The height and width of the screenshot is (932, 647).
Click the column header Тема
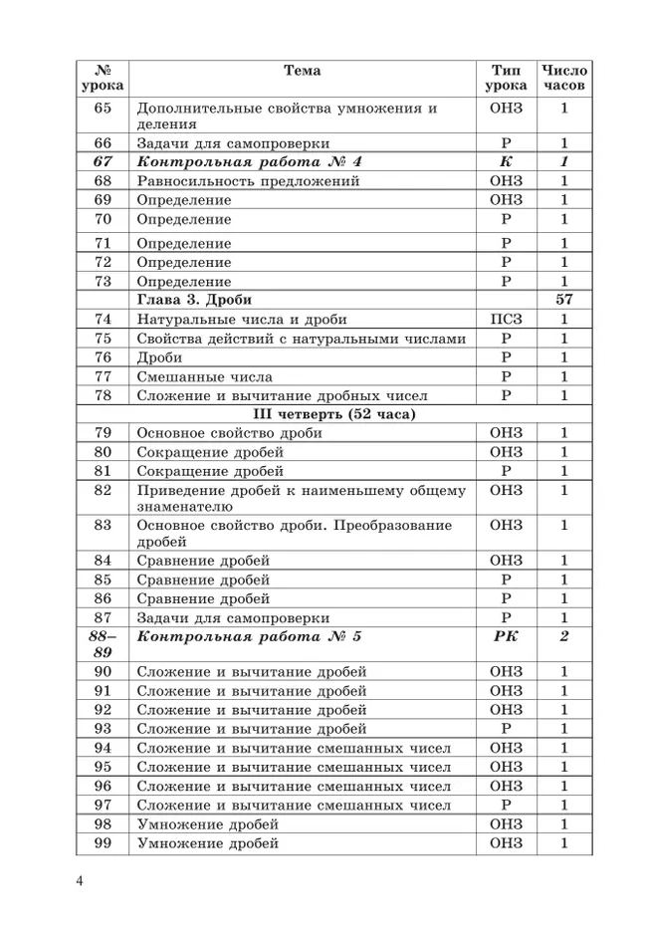point(302,71)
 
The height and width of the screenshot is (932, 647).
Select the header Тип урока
point(506,78)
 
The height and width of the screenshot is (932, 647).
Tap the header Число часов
point(563,78)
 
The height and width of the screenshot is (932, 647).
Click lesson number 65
point(103,108)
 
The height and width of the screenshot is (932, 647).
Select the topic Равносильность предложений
point(248,181)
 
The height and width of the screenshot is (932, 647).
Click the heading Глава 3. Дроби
point(194,300)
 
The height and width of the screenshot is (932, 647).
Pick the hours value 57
point(563,300)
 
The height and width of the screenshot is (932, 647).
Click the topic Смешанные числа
point(204,376)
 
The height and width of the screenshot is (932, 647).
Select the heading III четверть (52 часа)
point(334,414)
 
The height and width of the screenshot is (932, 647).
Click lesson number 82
point(103,490)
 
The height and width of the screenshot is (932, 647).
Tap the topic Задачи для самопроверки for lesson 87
point(234,616)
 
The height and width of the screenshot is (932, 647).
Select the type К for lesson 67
point(506,162)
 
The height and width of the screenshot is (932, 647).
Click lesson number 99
point(103,843)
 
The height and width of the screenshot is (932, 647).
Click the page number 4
point(79,881)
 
